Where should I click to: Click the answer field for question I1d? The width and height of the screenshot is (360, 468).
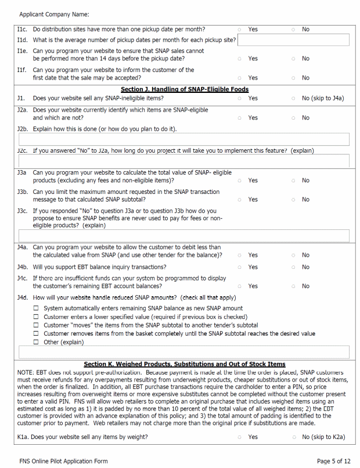pyautogui.click(x=293, y=40)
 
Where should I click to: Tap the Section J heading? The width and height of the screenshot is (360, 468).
pyautogui.click(x=185, y=89)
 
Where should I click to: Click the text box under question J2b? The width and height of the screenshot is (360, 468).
pyautogui.click(x=184, y=139)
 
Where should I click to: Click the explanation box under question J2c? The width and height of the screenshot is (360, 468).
pyautogui.click(x=184, y=161)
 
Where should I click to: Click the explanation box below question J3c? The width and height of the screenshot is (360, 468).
pyautogui.click(x=184, y=235)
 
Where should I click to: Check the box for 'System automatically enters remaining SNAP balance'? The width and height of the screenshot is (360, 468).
pyautogui.click(x=36, y=308)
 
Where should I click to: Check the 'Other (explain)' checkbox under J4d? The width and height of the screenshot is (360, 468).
pyautogui.click(x=36, y=342)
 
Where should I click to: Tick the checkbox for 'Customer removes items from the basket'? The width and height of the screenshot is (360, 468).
pyautogui.click(x=36, y=334)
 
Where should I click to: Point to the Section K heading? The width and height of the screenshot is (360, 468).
pyautogui.click(x=185, y=364)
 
